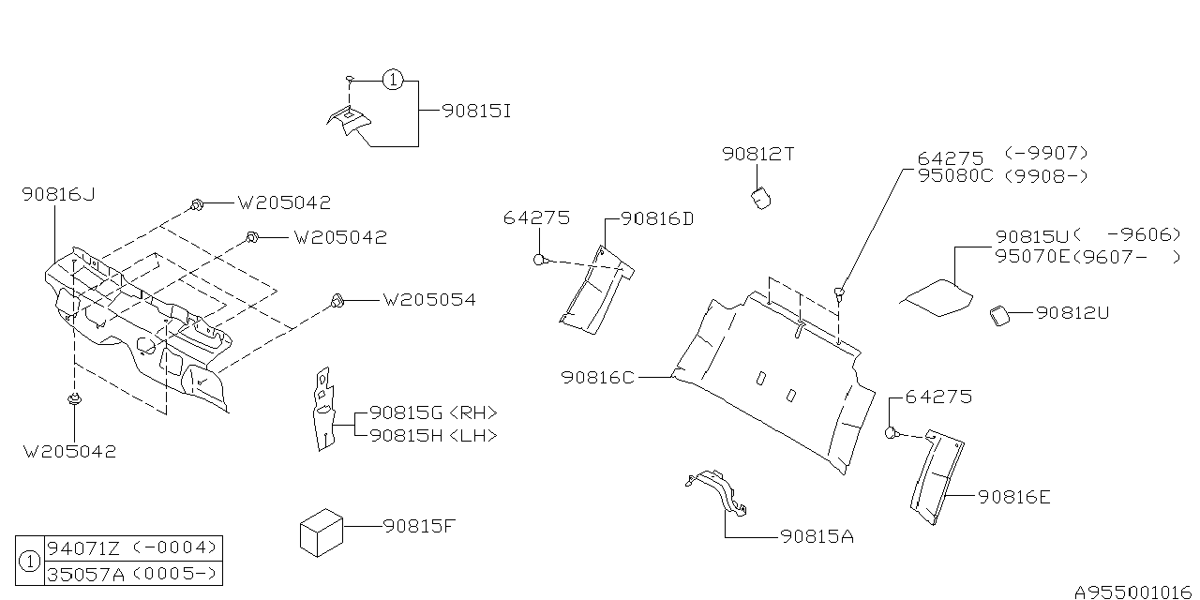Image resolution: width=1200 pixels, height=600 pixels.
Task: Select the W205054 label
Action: click(428, 300)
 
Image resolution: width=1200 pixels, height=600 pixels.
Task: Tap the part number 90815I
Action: click(476, 111)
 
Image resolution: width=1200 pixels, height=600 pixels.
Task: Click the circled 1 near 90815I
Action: click(393, 81)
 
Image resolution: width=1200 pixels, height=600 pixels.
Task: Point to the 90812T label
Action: click(757, 154)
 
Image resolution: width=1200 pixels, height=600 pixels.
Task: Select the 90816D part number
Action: click(657, 218)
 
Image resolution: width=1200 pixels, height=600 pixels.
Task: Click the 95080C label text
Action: click(954, 175)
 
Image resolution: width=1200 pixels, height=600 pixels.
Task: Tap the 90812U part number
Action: click(1072, 313)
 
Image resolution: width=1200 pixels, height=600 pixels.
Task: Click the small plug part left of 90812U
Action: click(999, 316)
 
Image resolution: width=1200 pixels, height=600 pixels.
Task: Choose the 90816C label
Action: click(598, 377)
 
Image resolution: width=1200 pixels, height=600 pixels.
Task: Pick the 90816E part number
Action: click(1013, 497)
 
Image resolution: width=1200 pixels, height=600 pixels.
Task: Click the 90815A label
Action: click(816, 537)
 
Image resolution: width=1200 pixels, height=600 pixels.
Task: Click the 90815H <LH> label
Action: click(433, 435)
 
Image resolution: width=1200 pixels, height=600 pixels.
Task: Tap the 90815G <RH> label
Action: click(433, 412)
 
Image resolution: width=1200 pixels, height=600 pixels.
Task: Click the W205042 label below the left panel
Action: click(70, 451)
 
